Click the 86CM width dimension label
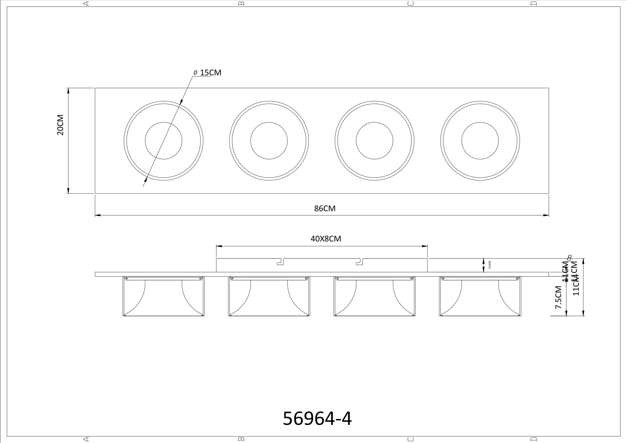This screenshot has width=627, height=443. coord(325,209)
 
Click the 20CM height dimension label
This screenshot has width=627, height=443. coord(60,125)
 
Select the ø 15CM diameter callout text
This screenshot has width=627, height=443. coord(207,73)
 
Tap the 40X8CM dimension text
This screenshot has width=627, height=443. coord(326,239)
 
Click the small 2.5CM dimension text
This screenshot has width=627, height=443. coord(490,265)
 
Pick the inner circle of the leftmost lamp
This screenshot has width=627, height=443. coord(163,141)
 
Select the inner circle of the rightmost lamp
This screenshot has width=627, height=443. coord(480,141)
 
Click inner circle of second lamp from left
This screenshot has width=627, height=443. coord(269,141)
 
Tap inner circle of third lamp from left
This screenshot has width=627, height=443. coord(374,141)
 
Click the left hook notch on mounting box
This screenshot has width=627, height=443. coord(281,262)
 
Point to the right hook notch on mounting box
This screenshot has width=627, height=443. coord(360,262)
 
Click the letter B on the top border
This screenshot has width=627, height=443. coord(242,3)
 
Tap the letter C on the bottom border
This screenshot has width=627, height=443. coord(410,439)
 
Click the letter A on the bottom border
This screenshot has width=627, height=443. coord(86,439)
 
